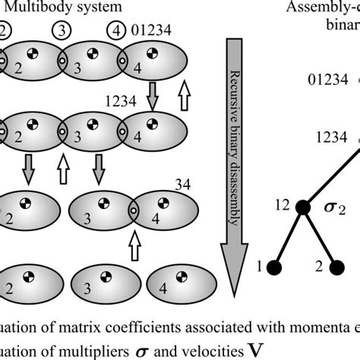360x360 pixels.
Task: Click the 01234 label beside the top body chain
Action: coord(156,33)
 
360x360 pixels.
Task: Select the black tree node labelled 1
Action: coord(275,268)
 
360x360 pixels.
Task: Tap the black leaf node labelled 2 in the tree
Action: coord(334,268)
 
